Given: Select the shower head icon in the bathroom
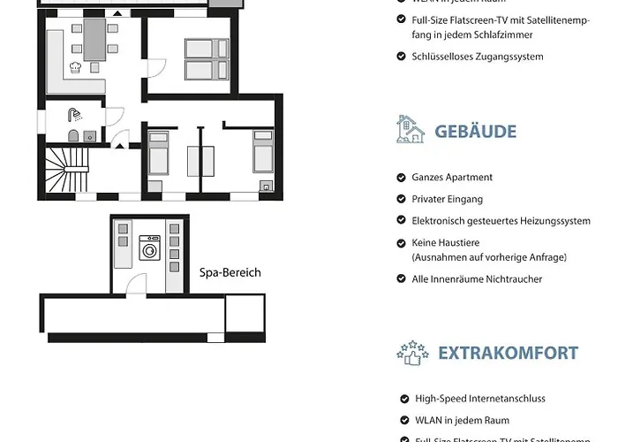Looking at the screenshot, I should click(x=76, y=114).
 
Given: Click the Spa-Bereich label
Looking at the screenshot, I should click(x=230, y=272).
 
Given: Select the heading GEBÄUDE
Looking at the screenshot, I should click(x=475, y=132).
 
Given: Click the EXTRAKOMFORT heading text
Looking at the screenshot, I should click(x=508, y=353).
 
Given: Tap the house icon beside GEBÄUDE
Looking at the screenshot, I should click(x=411, y=130).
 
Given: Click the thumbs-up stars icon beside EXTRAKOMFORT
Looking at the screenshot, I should click(x=412, y=352).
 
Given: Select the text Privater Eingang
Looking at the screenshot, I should click(x=451, y=199).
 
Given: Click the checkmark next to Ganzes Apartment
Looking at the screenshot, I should click(x=403, y=177).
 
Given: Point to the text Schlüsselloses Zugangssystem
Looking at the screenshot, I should click(x=478, y=57).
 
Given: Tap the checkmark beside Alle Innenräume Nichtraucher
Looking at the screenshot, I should click(x=403, y=278).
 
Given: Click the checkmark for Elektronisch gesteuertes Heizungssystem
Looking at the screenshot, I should click(x=403, y=221).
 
